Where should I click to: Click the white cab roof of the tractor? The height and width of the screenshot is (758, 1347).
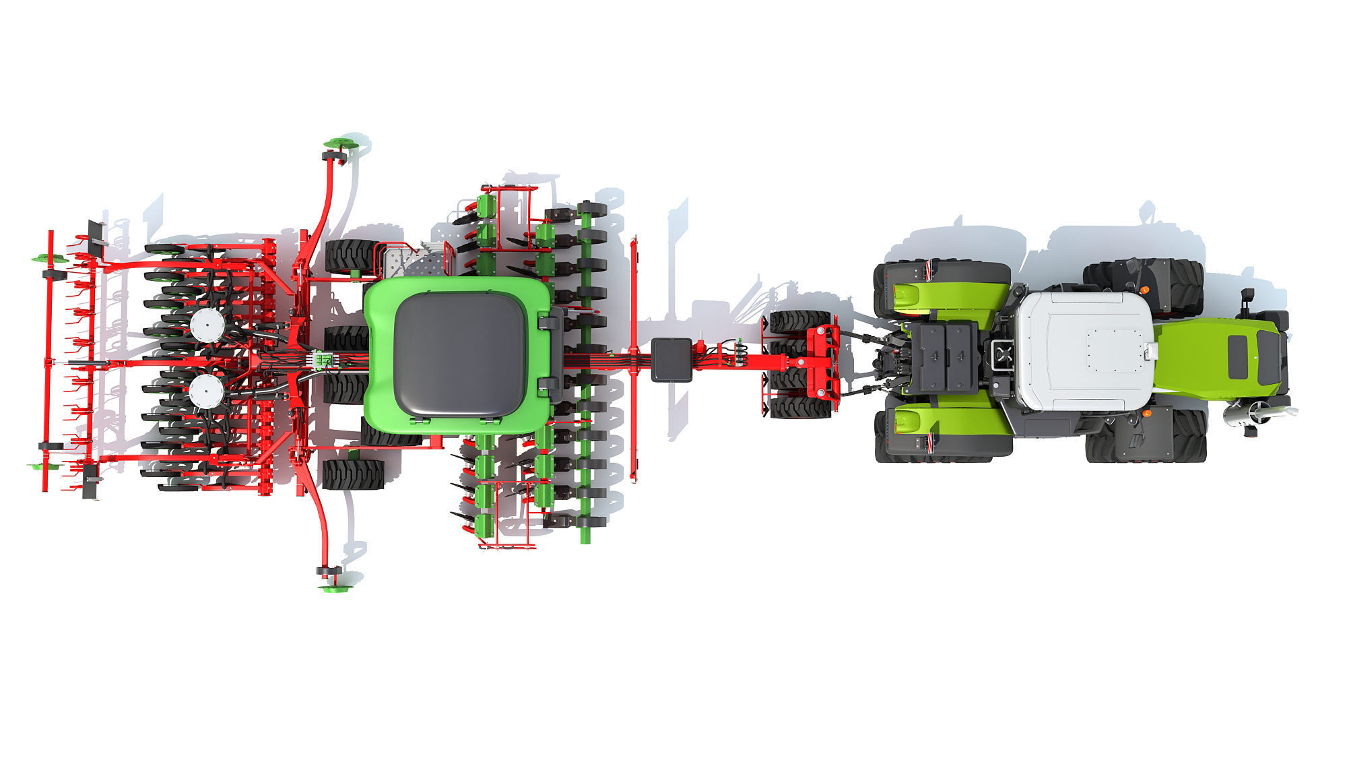pyautogui.click(x=1084, y=350)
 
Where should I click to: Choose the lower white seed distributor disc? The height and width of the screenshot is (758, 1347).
pyautogui.click(x=206, y=391)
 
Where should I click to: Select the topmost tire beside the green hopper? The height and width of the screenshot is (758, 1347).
pyautogui.click(x=352, y=256)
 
